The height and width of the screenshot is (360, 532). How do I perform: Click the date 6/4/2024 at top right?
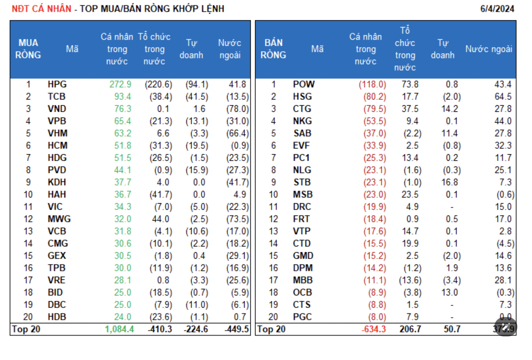tap(497, 9)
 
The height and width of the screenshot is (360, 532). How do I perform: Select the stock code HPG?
tap(57, 84)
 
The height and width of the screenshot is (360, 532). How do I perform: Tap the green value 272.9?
tap(120, 84)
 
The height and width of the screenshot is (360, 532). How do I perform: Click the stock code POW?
tap(303, 84)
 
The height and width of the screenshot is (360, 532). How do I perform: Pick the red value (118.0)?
tap(372, 84)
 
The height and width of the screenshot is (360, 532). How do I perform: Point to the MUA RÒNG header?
tap(28, 49)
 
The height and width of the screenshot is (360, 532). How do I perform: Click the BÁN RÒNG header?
tap(273, 49)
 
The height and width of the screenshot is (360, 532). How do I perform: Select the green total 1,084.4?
tap(119, 329)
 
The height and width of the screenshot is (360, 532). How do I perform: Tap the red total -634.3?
tap(373, 329)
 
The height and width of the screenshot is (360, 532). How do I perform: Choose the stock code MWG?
tap(59, 219)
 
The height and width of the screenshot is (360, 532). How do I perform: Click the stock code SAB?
tap(302, 133)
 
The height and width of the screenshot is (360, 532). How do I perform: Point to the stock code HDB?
tap(57, 317)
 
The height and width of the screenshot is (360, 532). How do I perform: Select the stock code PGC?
tap(302, 317)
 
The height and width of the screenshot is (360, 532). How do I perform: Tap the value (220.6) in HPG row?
tap(158, 84)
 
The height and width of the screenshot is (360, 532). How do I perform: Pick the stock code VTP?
tap(302, 231)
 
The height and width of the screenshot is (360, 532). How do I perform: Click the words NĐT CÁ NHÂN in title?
tap(41, 9)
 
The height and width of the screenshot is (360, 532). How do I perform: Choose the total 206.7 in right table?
tap(410, 329)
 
